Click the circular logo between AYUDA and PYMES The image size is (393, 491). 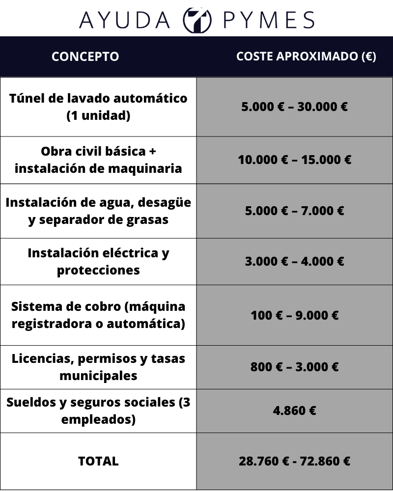pyautogui.click(x=197, y=20)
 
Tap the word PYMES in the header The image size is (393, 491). pyautogui.click(x=269, y=20)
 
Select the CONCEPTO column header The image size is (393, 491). pyautogui.click(x=85, y=56)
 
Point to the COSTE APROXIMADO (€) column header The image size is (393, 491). pyautogui.click(x=306, y=56)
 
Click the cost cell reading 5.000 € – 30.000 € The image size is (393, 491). pyautogui.click(x=295, y=107)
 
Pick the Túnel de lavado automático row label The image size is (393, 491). pyautogui.click(x=98, y=107)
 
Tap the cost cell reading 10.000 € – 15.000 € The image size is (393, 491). pyautogui.click(x=295, y=160)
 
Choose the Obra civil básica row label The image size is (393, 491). pyautogui.click(x=98, y=160)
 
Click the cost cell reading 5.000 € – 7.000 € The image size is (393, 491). pyautogui.click(x=295, y=211)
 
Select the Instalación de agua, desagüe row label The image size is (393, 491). pyautogui.click(x=98, y=211)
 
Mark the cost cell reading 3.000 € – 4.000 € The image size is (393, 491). pyautogui.click(x=295, y=261)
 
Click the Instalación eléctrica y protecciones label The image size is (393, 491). pyautogui.click(x=98, y=261)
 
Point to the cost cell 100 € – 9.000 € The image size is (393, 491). pyautogui.click(x=295, y=315)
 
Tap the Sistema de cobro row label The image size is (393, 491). pyautogui.click(x=98, y=315)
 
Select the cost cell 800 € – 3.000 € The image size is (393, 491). pyautogui.click(x=295, y=367)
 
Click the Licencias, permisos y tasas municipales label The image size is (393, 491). pyautogui.click(x=98, y=367)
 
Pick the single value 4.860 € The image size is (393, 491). pyautogui.click(x=295, y=410)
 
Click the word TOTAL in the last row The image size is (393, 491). pyautogui.click(x=98, y=461)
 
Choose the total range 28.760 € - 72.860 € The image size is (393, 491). pyautogui.click(x=295, y=461)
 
